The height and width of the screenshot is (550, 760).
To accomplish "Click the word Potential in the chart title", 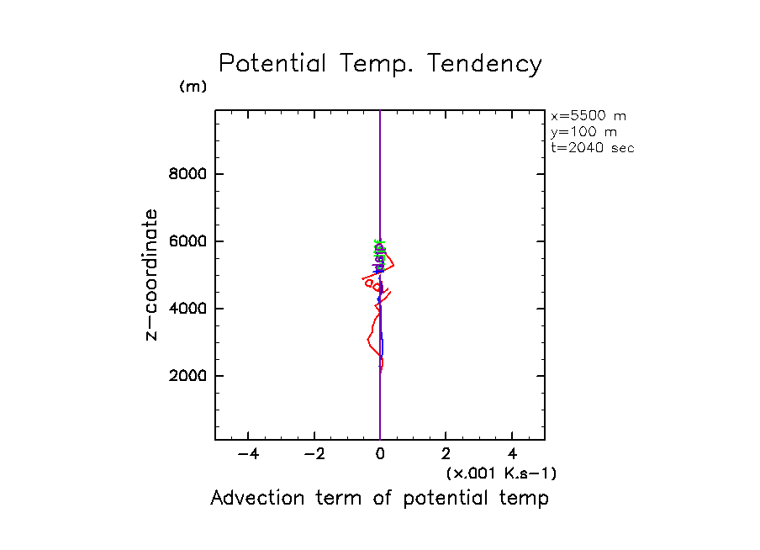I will click(x=272, y=65).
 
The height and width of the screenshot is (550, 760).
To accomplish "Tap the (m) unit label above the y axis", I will click(x=193, y=87).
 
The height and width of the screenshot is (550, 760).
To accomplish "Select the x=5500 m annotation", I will click(x=588, y=116).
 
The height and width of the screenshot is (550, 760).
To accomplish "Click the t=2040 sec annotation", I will click(x=592, y=148).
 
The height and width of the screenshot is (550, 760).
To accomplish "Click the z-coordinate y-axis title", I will click(x=151, y=275).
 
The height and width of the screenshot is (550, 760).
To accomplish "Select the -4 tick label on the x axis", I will click(x=247, y=455).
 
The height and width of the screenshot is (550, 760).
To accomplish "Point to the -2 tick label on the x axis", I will click(x=314, y=455).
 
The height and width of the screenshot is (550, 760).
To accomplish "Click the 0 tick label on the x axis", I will click(x=380, y=455).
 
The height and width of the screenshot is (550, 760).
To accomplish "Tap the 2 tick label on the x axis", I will click(x=446, y=455).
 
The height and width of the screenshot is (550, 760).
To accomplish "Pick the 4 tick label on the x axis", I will click(x=513, y=455).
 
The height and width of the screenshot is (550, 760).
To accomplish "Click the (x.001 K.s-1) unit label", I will click(x=500, y=473).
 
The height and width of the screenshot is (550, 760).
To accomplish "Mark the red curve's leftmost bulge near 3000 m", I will click(x=368, y=341).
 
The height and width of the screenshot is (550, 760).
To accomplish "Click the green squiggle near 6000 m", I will click(x=377, y=247).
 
